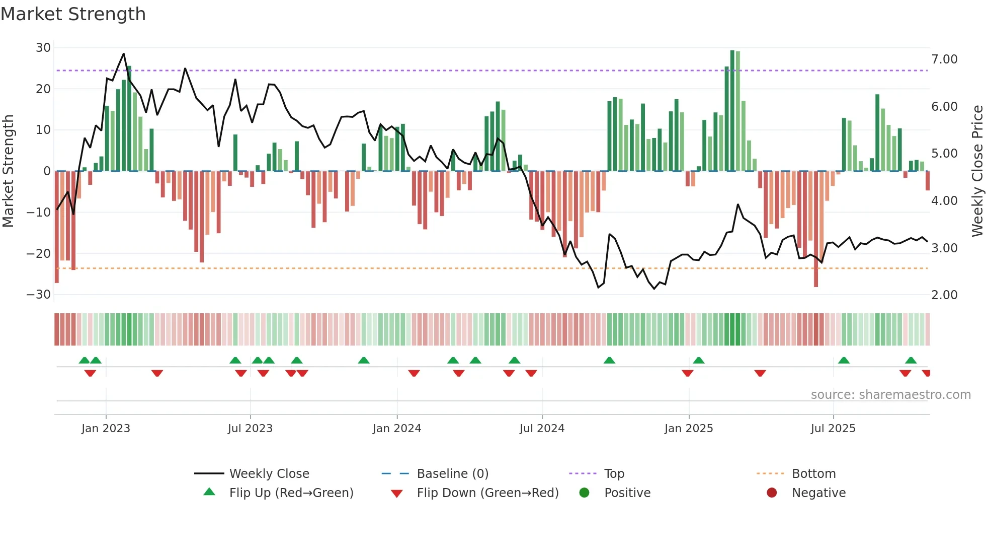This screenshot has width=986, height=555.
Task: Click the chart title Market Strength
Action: (x=73, y=14)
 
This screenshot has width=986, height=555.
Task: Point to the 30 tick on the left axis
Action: (x=43, y=48)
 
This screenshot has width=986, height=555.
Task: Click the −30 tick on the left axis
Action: (x=39, y=295)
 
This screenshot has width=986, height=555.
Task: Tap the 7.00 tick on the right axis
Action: (x=944, y=59)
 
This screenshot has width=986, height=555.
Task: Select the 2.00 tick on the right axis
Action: (x=944, y=295)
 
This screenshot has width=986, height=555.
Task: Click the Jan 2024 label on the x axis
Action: (x=396, y=429)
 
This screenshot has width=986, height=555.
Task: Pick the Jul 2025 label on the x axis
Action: (x=833, y=429)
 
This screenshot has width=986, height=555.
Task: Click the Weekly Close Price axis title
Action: (x=977, y=171)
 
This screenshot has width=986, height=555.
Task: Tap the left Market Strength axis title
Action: (x=8, y=171)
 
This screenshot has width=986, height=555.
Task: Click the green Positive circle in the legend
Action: (x=584, y=493)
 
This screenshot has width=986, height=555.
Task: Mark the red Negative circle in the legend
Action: (x=772, y=493)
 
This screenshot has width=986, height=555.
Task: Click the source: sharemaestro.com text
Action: (x=890, y=395)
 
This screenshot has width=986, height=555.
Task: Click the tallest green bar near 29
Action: (x=732, y=111)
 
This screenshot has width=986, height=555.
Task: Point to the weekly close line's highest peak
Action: (x=124, y=54)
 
